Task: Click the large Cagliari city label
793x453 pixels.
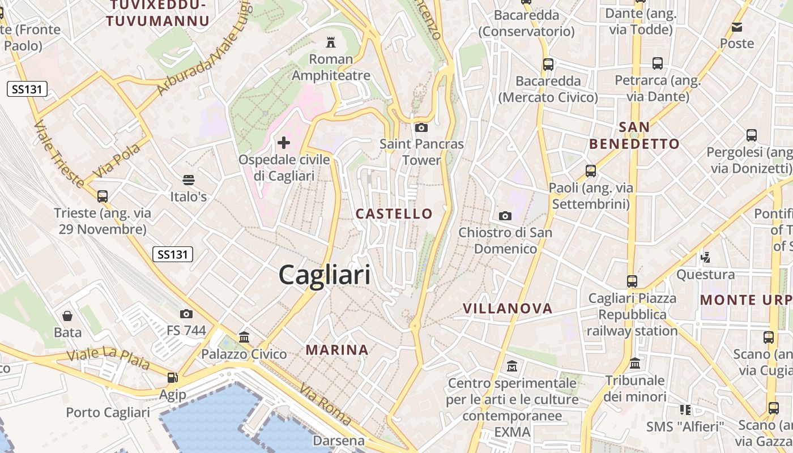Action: pyautogui.click(x=325, y=275)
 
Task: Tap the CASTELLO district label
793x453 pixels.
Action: pyautogui.click(x=394, y=213)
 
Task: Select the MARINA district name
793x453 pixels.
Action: pyautogui.click(x=337, y=350)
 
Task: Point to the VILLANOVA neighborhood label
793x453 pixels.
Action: pyautogui.click(x=508, y=309)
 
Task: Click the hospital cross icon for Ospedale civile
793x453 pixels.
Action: pyautogui.click(x=284, y=143)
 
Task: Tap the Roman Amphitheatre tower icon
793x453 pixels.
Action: pyautogui.click(x=330, y=42)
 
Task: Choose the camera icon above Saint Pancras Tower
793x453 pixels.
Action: pyautogui.click(x=421, y=127)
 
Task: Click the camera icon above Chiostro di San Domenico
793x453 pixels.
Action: pyautogui.click(x=505, y=216)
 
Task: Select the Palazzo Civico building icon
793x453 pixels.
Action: pyautogui.click(x=244, y=337)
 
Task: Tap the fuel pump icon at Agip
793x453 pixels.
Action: pyautogui.click(x=172, y=377)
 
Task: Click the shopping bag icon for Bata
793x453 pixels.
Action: pyautogui.click(x=67, y=315)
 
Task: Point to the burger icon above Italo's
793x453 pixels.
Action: pyautogui.click(x=189, y=180)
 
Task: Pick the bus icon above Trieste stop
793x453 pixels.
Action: pyautogui.click(x=103, y=196)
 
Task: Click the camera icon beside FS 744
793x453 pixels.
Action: pyautogui.click(x=186, y=314)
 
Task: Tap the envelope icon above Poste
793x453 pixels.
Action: pyautogui.click(x=737, y=27)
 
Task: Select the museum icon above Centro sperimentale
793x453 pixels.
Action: pyautogui.click(x=512, y=366)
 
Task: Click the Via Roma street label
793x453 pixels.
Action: pyautogui.click(x=325, y=404)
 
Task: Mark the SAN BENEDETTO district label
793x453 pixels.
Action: pyautogui.click(x=634, y=135)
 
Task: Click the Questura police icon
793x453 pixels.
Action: pyautogui.click(x=705, y=258)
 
